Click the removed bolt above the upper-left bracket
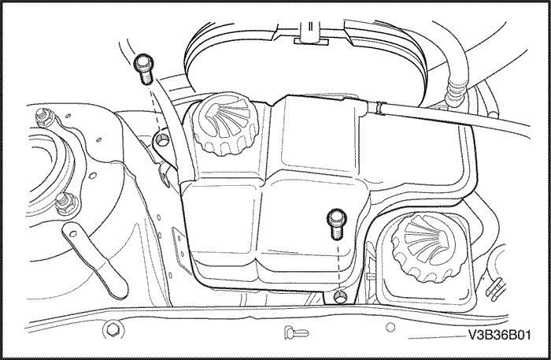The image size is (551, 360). pos(143,69)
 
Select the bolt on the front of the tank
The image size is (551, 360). pos(337,225)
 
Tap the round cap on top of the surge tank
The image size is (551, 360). pos(227,124)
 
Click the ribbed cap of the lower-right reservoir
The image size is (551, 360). pos(423,247)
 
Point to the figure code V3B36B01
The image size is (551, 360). pos(499,335)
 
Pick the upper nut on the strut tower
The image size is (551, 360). pos(45,117)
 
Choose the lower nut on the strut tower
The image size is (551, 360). pos(65,203)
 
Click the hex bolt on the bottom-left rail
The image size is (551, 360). pos(113,330)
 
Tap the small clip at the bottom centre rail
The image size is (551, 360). pos(296,332)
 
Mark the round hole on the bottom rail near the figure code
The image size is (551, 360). pos(390,327)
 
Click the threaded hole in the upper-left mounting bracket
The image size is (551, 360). pos(162,139)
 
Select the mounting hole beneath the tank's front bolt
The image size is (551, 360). pos(340,296)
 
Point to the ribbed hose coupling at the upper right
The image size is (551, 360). pos(455,91)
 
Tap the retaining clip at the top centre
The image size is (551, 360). pos(311,34)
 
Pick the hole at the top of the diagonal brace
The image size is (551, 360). pos(72,234)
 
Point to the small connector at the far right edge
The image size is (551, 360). pos(495,288)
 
